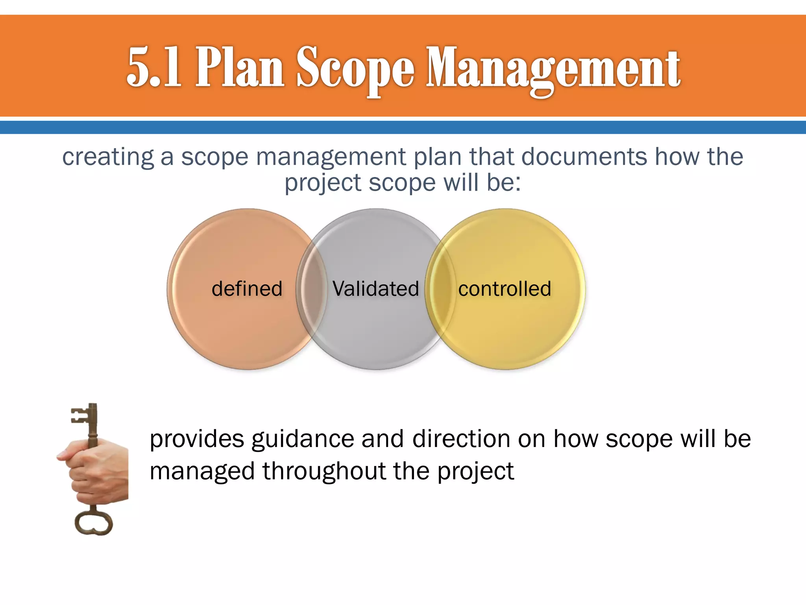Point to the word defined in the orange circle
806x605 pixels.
click(247, 289)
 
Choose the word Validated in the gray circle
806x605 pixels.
click(376, 289)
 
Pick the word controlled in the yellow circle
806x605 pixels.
click(505, 289)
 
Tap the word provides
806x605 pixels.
click(197, 440)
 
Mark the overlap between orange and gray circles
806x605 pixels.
click(312, 289)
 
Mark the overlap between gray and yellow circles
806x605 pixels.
click(440, 289)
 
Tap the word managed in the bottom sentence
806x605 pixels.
click(202, 472)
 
